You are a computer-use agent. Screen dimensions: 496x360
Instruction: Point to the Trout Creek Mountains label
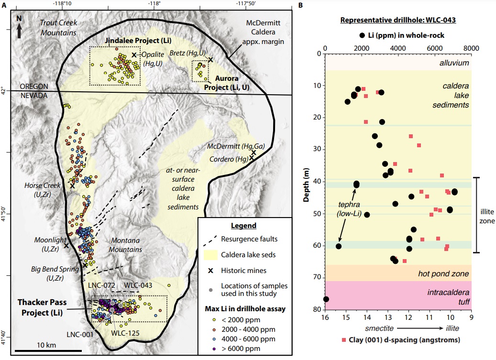[x=58, y=27]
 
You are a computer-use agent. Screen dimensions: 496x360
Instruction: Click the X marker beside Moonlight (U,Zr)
[x=66, y=245]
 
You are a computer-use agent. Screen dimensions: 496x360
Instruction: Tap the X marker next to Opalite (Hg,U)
[x=134, y=55]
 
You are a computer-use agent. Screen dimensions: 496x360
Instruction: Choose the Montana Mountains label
[x=126, y=244]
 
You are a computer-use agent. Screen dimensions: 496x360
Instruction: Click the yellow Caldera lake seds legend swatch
[x=213, y=254]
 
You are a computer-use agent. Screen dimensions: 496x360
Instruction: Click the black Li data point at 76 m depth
[x=326, y=299]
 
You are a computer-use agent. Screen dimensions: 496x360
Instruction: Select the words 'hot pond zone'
[x=443, y=274]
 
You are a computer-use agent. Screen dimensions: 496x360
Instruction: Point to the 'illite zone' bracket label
[x=488, y=215]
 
